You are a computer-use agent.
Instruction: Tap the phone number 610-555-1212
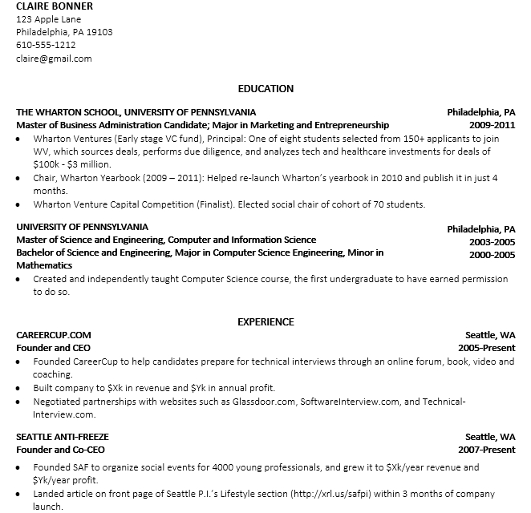pos(46,45)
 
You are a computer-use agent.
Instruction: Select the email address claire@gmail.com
pos(54,59)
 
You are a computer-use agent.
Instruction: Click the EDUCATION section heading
pos(265,89)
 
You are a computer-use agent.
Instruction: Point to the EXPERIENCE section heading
pos(265,322)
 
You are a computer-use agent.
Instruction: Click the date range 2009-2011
pos(492,126)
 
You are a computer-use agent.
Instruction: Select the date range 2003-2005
pos(492,240)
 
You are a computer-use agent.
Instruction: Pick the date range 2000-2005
pos(492,255)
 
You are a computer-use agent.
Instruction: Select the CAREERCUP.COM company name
pos(54,335)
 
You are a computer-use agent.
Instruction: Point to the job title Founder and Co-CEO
pos(60,450)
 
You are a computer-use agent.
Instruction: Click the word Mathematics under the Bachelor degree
pos(44,265)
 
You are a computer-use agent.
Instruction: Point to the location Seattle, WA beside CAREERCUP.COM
pos(490,335)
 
